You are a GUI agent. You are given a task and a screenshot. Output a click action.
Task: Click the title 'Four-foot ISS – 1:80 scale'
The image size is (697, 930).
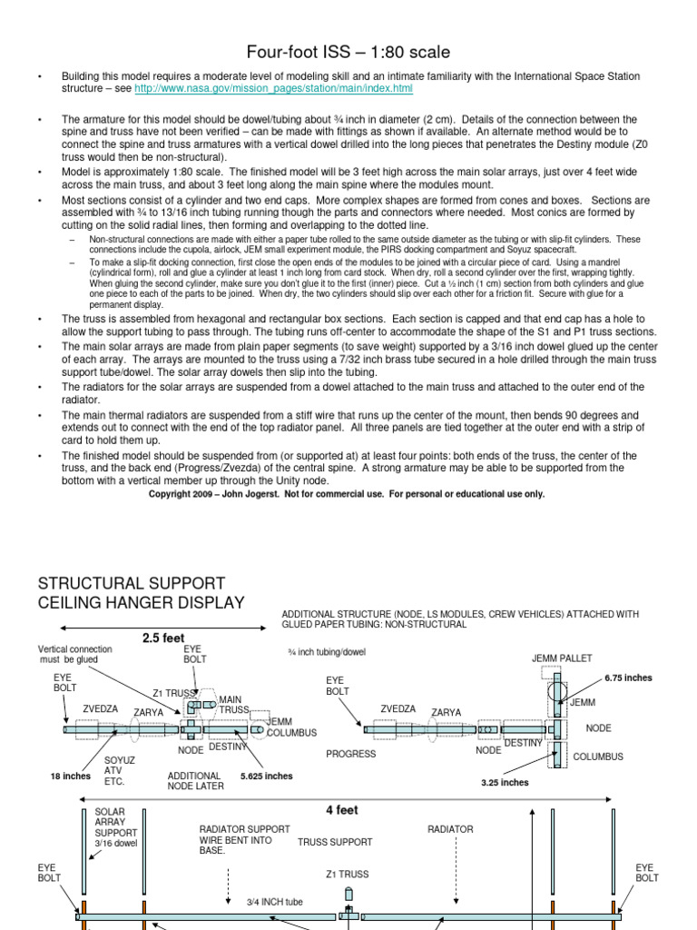pyautogui.click(x=348, y=53)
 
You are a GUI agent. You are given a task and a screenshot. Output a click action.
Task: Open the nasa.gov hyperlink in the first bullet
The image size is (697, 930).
pyautogui.click(x=273, y=89)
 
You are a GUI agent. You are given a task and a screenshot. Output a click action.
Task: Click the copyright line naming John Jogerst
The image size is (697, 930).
pyautogui.click(x=346, y=494)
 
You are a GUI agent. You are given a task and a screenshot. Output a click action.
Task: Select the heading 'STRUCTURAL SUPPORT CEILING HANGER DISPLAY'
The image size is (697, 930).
pyautogui.click(x=141, y=592)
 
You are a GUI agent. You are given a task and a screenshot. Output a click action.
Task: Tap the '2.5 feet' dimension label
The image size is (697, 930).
pyautogui.click(x=163, y=638)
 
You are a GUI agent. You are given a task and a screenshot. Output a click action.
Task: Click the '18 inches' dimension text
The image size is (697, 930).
pyautogui.click(x=71, y=777)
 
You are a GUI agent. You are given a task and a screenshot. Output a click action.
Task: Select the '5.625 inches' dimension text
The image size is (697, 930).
pyautogui.click(x=267, y=777)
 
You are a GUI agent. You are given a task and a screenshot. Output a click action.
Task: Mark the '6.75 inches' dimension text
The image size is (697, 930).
pyautogui.click(x=628, y=678)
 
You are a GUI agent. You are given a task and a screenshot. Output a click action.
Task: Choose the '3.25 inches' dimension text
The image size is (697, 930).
pyautogui.click(x=505, y=782)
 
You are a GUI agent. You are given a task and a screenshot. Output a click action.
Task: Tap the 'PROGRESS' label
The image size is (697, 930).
pyautogui.click(x=351, y=754)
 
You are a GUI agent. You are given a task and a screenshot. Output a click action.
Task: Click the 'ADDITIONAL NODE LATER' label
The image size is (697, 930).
pyautogui.click(x=195, y=781)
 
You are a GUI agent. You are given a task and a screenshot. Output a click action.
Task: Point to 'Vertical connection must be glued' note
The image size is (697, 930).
pyautogui.click(x=75, y=655)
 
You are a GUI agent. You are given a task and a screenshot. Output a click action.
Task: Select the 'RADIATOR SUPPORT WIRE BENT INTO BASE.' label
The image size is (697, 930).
pyautogui.click(x=245, y=839)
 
